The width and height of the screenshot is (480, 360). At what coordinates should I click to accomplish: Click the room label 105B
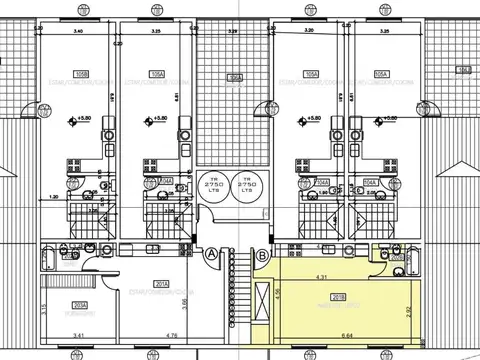click(82, 74)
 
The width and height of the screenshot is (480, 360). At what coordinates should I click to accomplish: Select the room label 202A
click(52, 305)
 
